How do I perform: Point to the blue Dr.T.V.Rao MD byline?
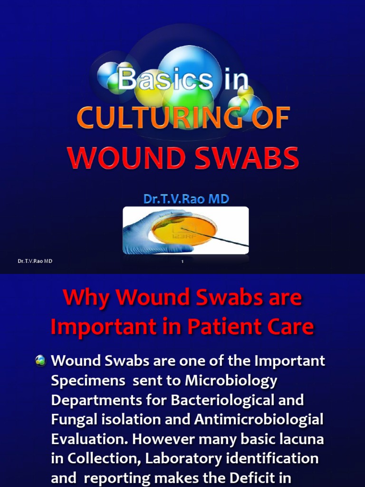186,199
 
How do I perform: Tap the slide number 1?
182,262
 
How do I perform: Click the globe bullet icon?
40,361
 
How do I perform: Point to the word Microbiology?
231,380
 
